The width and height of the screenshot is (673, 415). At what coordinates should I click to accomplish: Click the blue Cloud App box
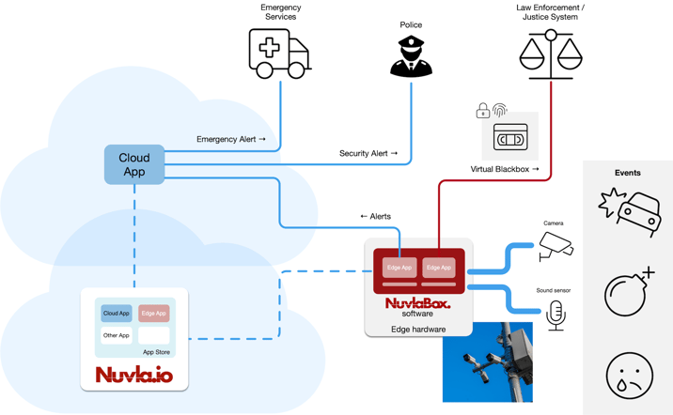click(134, 164)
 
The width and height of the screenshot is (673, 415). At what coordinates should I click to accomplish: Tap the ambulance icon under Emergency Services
click(279, 53)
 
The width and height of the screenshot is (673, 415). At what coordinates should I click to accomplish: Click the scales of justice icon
click(551, 54)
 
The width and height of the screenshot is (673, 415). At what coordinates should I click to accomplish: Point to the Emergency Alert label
click(231, 139)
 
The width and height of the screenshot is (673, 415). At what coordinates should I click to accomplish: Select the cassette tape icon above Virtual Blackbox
click(510, 139)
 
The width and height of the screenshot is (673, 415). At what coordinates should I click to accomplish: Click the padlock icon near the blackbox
click(482, 112)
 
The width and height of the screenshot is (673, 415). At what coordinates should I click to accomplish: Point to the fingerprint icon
click(500, 110)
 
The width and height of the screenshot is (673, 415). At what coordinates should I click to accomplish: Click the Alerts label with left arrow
click(375, 216)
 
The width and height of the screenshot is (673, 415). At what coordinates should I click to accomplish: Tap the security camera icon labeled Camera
click(555, 247)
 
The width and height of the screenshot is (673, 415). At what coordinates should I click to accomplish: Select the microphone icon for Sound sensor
click(556, 315)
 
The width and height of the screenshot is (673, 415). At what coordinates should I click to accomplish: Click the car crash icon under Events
click(628, 211)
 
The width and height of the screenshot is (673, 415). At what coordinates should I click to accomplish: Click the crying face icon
click(629, 375)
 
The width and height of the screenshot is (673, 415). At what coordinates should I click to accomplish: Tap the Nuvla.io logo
click(133, 375)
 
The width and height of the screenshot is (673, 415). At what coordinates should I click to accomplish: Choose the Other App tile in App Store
click(117, 335)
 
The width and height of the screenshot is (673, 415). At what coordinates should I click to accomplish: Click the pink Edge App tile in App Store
click(153, 313)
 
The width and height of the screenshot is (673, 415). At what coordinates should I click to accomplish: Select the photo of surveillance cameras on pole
click(487, 362)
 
